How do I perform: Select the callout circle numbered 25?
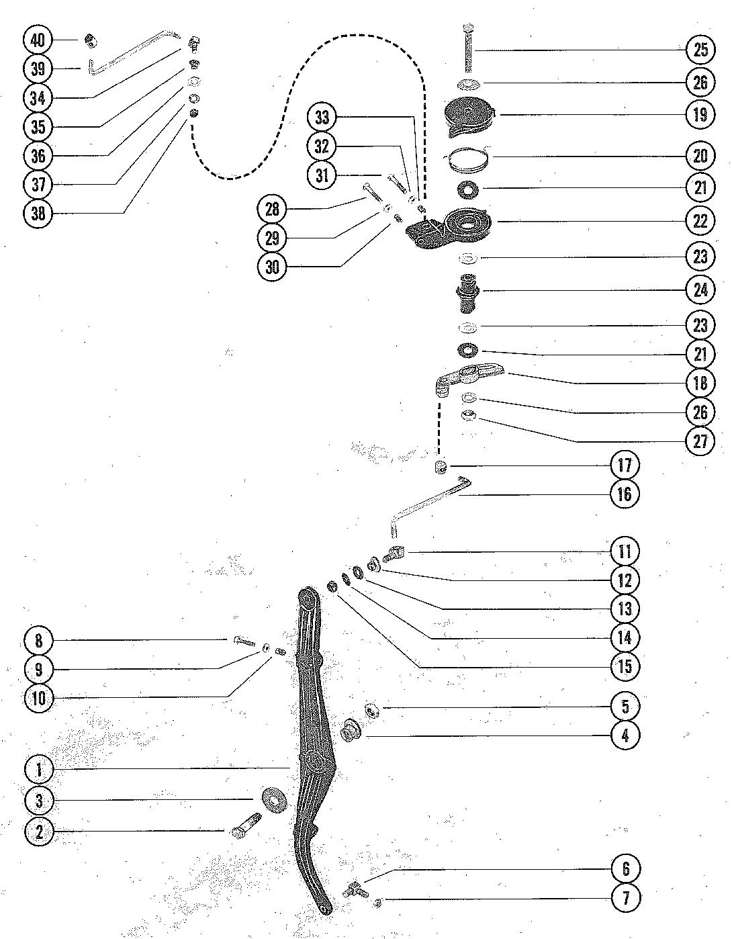[700, 49]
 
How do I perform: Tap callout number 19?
[700, 114]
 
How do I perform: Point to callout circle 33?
[323, 118]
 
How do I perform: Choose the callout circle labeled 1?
[39, 769]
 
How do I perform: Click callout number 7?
[625, 897]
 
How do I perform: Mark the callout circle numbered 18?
[700, 383]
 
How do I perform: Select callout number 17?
[625, 465]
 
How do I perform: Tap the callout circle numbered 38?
[38, 213]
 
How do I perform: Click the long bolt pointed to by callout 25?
[467, 50]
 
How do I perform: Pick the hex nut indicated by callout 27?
[469, 416]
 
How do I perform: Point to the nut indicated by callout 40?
[90, 42]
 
